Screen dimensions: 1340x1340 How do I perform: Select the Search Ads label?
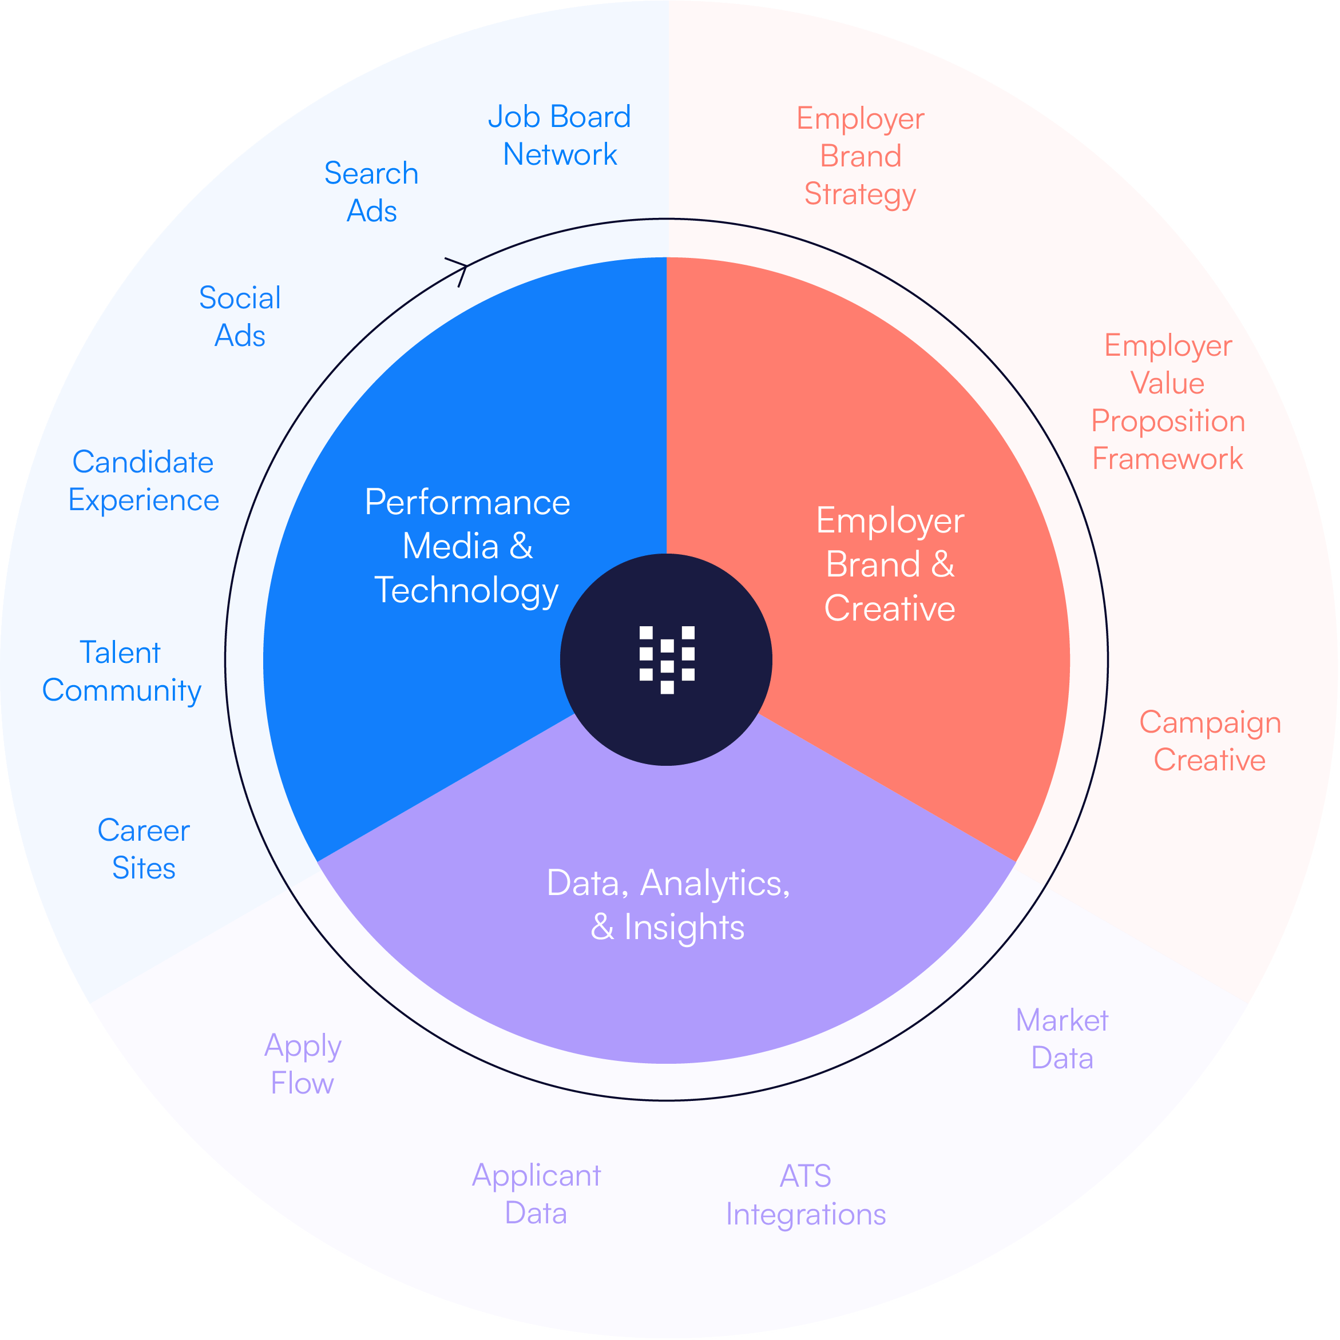[371, 192]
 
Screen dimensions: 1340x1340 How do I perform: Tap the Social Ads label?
[240, 317]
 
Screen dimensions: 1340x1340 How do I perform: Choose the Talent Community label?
[121, 671]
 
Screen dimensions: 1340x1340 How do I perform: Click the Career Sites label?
[144, 849]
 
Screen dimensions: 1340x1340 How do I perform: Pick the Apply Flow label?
[303, 1064]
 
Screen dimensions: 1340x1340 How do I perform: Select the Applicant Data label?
[537, 1194]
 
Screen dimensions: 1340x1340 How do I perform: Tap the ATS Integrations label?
[806, 1195]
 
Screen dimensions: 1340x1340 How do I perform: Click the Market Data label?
[1062, 1039]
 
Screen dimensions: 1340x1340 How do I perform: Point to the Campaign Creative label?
[1210, 741]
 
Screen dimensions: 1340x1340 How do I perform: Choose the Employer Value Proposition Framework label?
[1168, 402]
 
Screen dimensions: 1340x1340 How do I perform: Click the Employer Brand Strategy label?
[861, 157]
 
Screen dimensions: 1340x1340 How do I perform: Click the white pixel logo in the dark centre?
[667, 659]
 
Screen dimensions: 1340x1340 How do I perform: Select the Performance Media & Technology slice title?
[467, 547]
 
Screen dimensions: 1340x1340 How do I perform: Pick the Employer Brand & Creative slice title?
[890, 564]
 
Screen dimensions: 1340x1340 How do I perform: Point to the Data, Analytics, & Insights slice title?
[668, 905]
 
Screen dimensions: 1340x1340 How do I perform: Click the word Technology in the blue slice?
[466, 591]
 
